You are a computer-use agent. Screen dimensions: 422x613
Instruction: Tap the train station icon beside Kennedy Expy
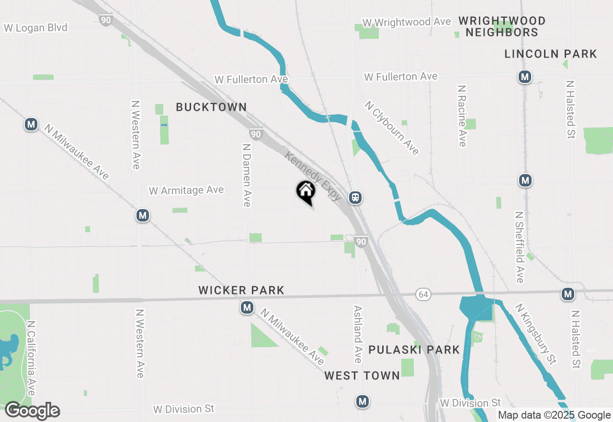(x=355, y=197)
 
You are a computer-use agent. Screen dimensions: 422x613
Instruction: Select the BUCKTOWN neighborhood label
(x=211, y=107)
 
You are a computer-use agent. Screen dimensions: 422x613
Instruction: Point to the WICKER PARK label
(x=241, y=290)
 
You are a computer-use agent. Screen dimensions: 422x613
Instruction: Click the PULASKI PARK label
(x=414, y=350)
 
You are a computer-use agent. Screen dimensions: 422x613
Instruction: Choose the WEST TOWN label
(x=362, y=375)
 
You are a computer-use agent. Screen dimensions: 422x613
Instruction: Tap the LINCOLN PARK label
(x=551, y=54)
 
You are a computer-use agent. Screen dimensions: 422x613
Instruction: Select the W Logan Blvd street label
(x=36, y=28)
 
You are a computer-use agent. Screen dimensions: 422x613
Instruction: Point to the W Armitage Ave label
(x=186, y=190)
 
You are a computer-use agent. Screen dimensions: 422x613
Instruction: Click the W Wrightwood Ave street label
(x=407, y=23)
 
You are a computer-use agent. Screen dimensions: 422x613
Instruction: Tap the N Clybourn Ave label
(x=392, y=128)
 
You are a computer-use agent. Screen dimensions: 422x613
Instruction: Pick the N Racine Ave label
(x=462, y=116)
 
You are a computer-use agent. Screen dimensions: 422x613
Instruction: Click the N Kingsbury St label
(x=536, y=334)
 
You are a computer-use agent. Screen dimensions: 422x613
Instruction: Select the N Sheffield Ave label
(x=520, y=247)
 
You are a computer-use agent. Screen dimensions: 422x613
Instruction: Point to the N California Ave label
(x=31, y=358)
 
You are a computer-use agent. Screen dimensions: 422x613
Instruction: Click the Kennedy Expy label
(x=313, y=176)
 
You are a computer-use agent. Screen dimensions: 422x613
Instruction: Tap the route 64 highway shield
(x=422, y=294)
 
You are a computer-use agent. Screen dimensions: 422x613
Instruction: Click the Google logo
(x=33, y=411)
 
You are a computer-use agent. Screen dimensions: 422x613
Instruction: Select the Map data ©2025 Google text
(x=554, y=415)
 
